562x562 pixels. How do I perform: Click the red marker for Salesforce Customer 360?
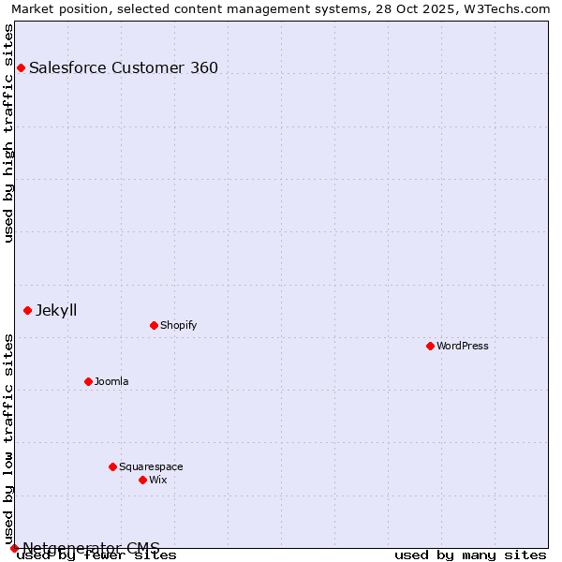click(x=21, y=67)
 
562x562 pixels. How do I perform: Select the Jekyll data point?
click(x=27, y=310)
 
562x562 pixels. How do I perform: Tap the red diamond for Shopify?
click(x=154, y=325)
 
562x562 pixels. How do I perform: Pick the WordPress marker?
click(x=430, y=346)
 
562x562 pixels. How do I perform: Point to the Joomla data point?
click(x=88, y=381)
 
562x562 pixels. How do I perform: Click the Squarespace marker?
click(x=112, y=466)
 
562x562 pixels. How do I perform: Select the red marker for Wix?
click(x=142, y=480)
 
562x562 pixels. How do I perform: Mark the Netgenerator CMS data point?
click(x=14, y=548)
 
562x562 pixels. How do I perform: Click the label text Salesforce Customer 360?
click(x=124, y=67)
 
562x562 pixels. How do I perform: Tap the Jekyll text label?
click(x=56, y=310)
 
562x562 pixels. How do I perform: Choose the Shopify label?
click(x=178, y=325)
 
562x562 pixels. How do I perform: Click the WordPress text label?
click(x=463, y=346)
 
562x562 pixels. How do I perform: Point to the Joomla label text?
click(x=111, y=381)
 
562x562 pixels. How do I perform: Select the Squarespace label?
click(x=151, y=466)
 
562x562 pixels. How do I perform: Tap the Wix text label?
click(x=157, y=480)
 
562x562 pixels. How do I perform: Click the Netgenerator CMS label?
click(x=91, y=548)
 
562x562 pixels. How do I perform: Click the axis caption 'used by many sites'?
click(x=470, y=555)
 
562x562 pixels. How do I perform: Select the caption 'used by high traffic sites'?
click(x=9, y=133)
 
